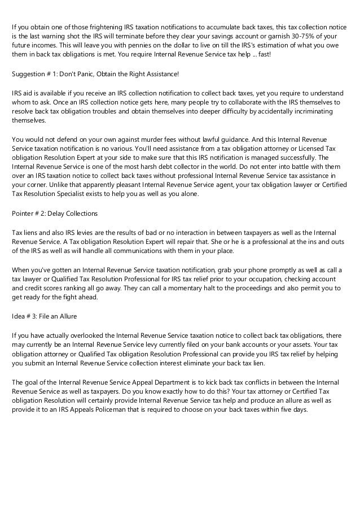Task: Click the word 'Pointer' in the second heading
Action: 23,214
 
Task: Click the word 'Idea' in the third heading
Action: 19,316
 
